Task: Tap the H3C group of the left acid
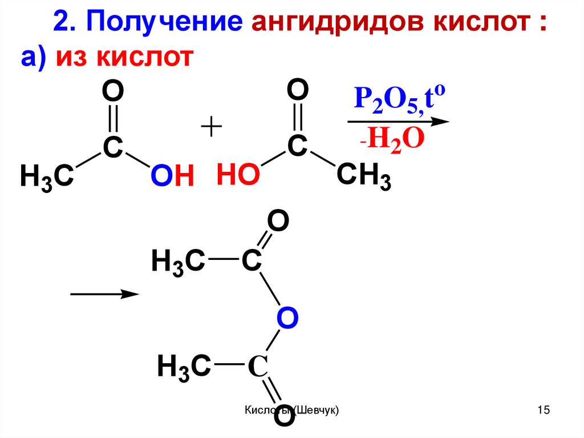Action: (46, 176)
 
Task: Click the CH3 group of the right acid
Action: (363, 176)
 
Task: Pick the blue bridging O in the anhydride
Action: (287, 318)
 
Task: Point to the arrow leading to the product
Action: (104, 294)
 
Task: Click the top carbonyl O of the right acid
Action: (297, 90)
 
